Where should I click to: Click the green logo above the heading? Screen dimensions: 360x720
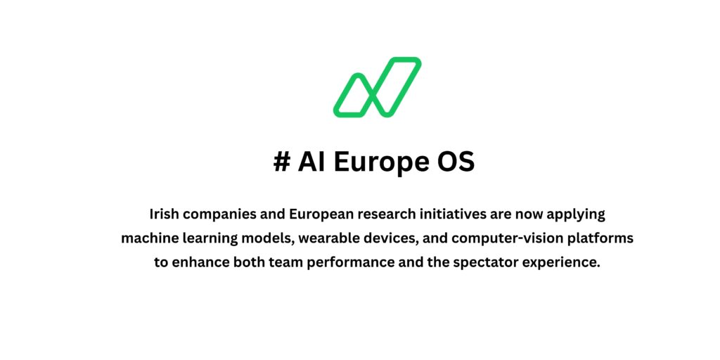(377, 87)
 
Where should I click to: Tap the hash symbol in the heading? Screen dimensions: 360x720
(281, 162)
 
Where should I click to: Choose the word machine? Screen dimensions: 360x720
(148, 238)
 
